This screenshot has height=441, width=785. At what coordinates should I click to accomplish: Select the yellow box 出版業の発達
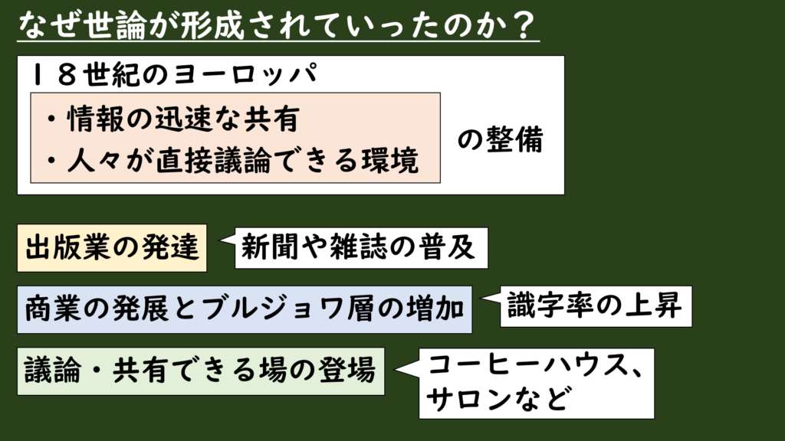[112, 248]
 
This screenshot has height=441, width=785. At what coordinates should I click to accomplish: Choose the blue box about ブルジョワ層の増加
[244, 309]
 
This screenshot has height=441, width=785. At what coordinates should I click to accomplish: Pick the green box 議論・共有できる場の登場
[199, 371]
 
